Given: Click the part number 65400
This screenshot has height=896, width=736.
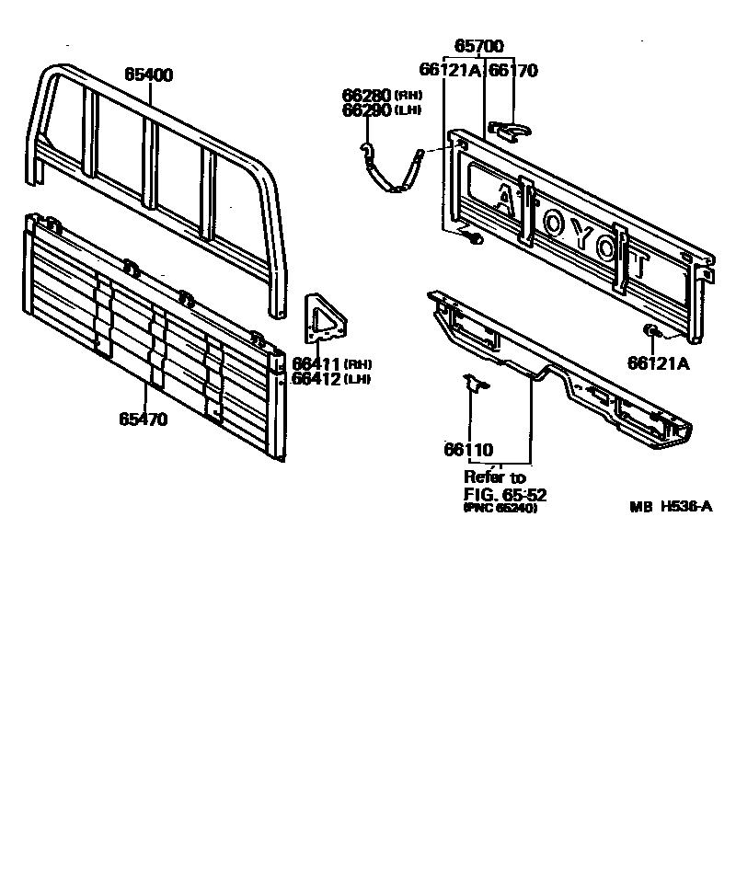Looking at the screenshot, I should pos(148,75).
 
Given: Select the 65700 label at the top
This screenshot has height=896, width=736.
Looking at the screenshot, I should pos(479,45).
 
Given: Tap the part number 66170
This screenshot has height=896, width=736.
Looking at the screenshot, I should pos(512,70).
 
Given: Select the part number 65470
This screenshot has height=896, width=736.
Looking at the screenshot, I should pos(143,419).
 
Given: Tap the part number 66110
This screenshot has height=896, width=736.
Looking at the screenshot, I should pos(468,450).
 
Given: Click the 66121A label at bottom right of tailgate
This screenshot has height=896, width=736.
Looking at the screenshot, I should pos(659,362).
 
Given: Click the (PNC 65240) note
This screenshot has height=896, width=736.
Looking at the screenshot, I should pos(500,508).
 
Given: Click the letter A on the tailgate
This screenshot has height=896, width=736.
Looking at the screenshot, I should pos(505,200).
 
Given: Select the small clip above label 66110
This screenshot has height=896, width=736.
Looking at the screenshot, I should pos(475,385).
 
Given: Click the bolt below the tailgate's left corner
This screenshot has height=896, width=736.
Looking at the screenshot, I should pos(473,238).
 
